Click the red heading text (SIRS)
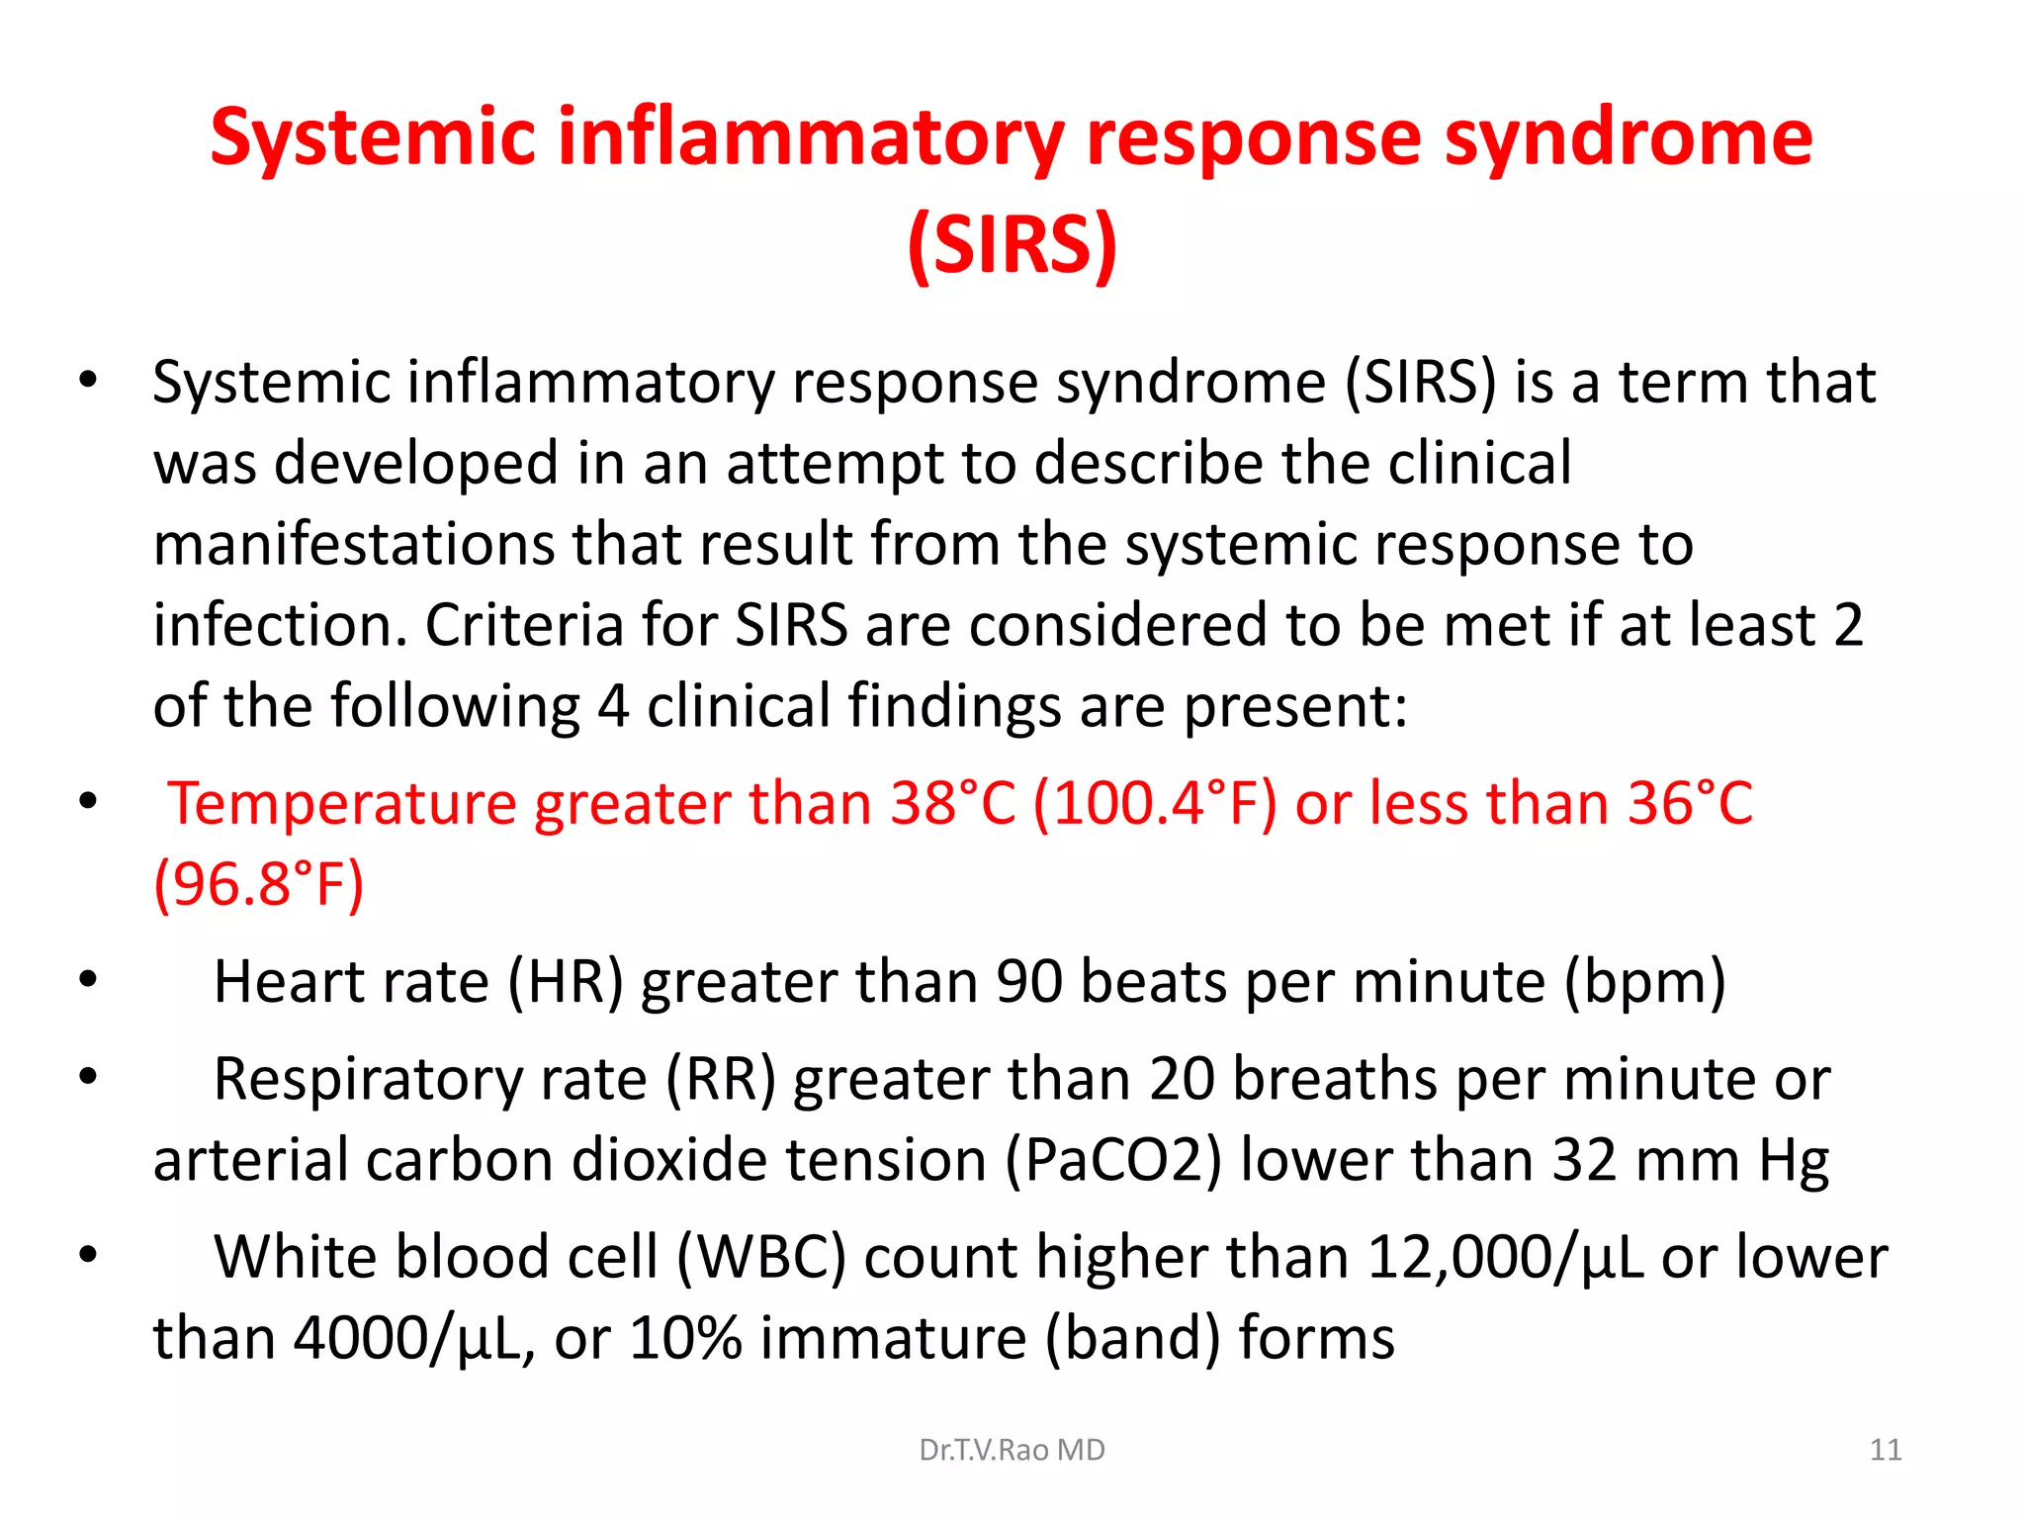coord(1012,244)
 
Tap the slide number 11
coord(1886,1450)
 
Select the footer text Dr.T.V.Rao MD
coord(1012,1450)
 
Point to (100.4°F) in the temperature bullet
coord(1155,803)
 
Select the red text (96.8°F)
coord(259,884)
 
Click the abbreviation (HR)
coord(566,982)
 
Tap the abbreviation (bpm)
coord(1644,982)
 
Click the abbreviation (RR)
coord(721,1079)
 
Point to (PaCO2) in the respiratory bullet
coord(1113,1160)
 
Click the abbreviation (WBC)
coord(761,1258)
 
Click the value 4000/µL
coord(407,1339)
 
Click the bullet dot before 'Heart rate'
coord(89,980)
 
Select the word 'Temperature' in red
coord(342,803)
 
